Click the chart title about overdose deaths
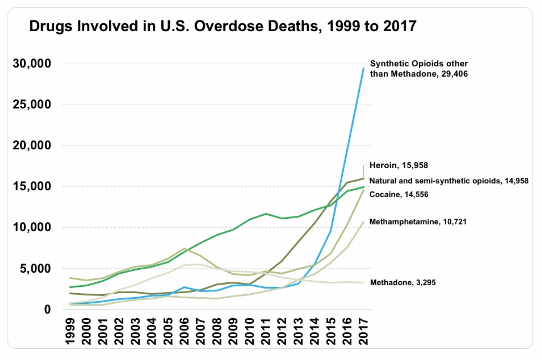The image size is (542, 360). click(223, 26)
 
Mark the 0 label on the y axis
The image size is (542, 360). click(47, 309)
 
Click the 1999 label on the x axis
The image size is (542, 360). click(70, 331)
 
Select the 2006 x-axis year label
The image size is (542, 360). click(184, 331)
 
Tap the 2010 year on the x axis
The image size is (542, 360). click(250, 331)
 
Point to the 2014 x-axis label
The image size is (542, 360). click(315, 331)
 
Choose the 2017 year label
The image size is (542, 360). click(364, 331)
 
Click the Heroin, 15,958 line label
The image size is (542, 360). click(399, 165)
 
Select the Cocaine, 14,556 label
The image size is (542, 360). click(399, 195)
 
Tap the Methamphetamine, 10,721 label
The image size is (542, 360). click(418, 222)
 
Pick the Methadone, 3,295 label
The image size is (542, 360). click(403, 282)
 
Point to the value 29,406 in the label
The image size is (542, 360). click(455, 74)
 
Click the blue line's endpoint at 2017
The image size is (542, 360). click(364, 69)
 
